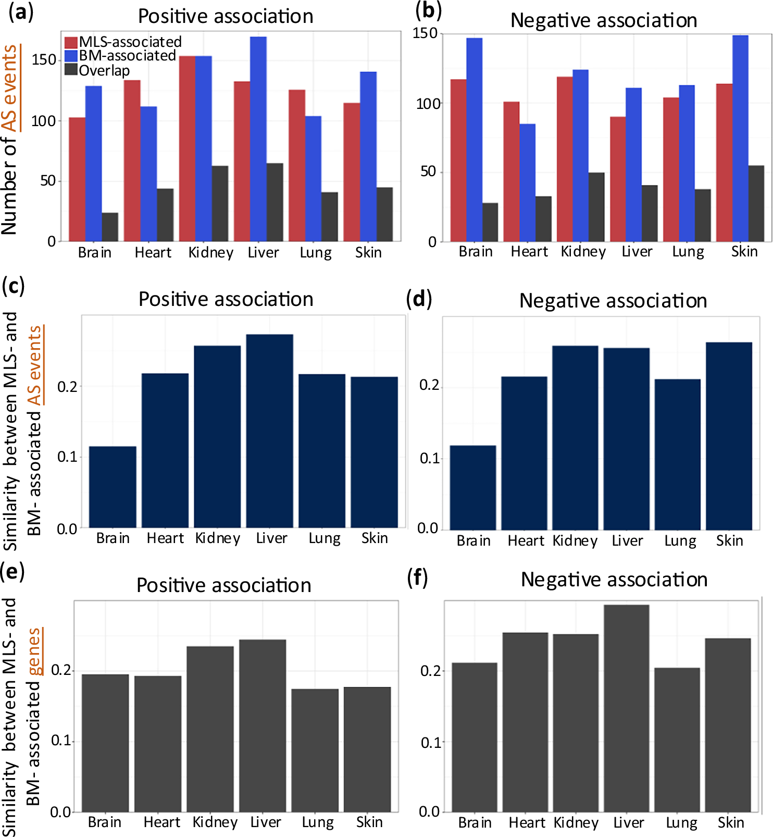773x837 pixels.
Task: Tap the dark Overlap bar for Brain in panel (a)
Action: (110, 227)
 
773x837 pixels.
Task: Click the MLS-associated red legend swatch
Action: (71, 42)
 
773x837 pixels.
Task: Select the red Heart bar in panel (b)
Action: (512, 171)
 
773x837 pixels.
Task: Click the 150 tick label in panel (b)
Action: (426, 34)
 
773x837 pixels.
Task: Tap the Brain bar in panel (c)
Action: (113, 487)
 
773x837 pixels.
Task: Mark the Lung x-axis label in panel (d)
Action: (680, 541)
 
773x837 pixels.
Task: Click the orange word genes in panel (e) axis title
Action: (34, 651)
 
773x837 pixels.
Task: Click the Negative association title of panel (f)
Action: (614, 580)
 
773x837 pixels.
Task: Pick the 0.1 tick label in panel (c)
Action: (67, 457)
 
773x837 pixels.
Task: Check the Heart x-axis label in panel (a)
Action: (153, 253)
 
